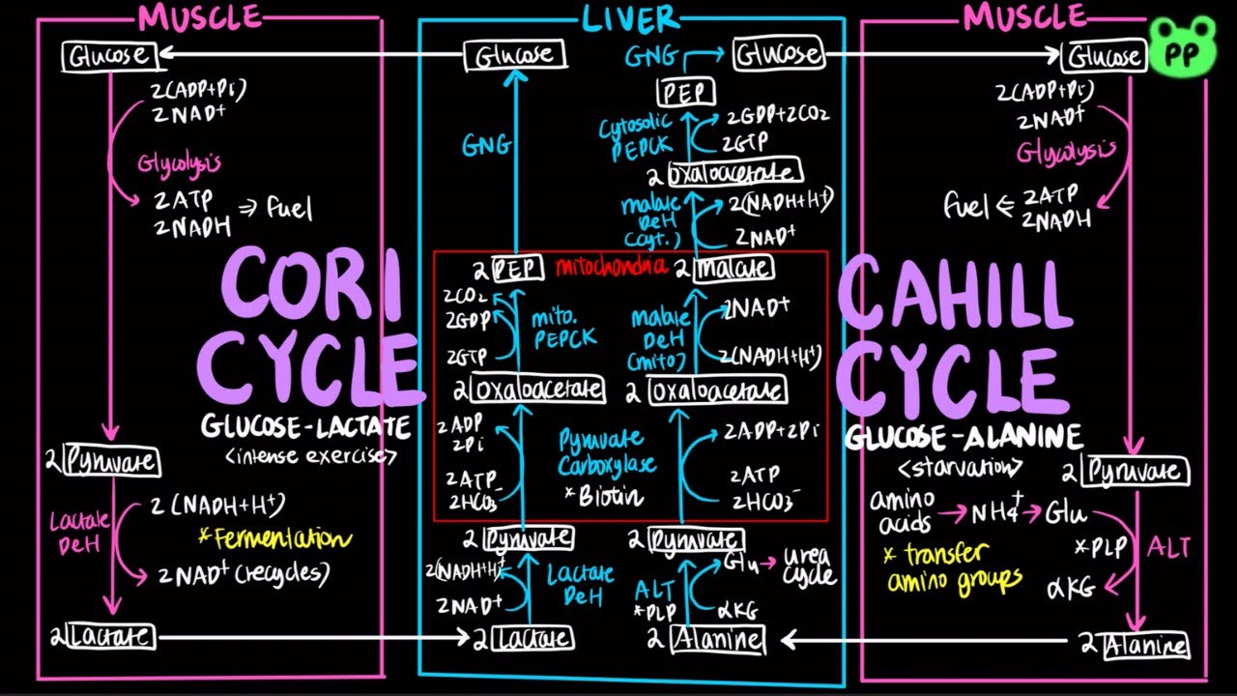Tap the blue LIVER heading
(x=631, y=17)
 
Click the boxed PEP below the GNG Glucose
(x=686, y=92)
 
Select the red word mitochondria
(x=612, y=267)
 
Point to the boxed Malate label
(x=734, y=268)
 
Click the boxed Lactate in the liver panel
(x=532, y=638)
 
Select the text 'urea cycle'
(x=808, y=568)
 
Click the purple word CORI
(x=311, y=285)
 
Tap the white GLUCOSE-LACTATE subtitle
(x=305, y=426)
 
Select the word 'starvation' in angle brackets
(x=960, y=467)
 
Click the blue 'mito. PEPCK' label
(x=563, y=326)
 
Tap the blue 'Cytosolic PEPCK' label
(x=633, y=139)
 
